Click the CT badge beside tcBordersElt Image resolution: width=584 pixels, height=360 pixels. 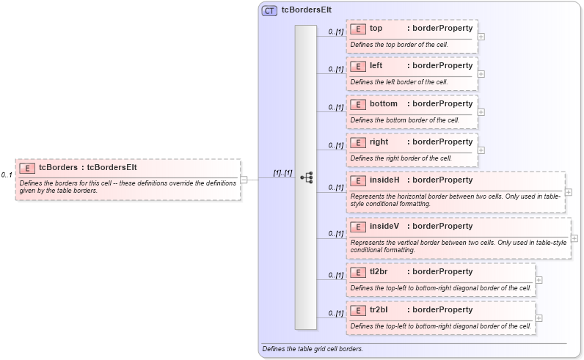[x=269, y=11]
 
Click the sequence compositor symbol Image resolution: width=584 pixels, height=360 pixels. [x=307, y=177]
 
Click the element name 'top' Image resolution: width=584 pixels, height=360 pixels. [x=376, y=29]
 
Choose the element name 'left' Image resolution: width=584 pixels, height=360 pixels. [x=376, y=66]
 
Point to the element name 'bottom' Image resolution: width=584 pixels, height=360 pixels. [x=383, y=104]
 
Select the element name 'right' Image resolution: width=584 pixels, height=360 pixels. [x=379, y=142]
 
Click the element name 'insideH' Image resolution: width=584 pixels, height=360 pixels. [x=384, y=180]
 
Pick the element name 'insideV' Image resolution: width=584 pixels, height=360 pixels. [x=384, y=227]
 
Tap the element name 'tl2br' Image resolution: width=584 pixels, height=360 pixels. [x=379, y=272]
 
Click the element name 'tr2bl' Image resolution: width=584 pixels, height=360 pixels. [x=379, y=310]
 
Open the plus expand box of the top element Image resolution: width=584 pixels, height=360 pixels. [x=481, y=36]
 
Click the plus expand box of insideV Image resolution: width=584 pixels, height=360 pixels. [x=574, y=238]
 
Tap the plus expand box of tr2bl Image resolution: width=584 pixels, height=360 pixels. [x=539, y=317]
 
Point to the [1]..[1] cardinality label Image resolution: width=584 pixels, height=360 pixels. [x=282, y=173]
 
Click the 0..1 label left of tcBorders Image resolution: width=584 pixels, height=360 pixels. [x=7, y=175]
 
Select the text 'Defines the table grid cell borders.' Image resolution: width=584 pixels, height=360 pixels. [x=313, y=349]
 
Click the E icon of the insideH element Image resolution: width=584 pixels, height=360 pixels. [x=358, y=180]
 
